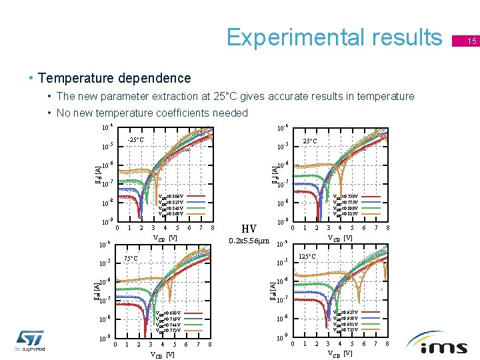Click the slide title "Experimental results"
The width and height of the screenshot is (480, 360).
click(333, 37)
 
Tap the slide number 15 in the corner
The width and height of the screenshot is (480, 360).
click(471, 42)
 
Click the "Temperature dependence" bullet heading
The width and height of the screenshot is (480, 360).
click(114, 79)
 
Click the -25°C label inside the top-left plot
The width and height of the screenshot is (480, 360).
click(136, 140)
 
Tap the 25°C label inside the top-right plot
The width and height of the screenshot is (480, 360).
click(310, 141)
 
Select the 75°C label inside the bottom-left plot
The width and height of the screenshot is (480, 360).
click(131, 259)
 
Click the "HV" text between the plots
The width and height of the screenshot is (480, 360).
click(249, 228)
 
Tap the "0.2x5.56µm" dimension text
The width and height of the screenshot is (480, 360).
click(249, 241)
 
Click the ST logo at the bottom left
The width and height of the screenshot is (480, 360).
click(29, 339)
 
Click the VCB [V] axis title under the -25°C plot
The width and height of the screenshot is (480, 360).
click(165, 238)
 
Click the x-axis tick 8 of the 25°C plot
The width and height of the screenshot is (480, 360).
click(388, 228)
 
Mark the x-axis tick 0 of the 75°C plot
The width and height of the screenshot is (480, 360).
click(115, 345)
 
